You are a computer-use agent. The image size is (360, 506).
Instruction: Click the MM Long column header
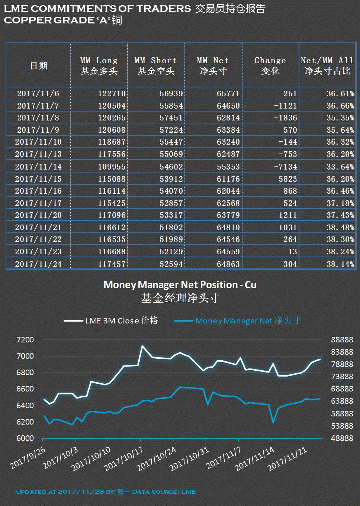coord(99,65)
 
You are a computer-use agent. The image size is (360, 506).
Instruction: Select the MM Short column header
coord(156,65)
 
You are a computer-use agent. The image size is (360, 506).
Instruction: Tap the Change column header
coord(270,65)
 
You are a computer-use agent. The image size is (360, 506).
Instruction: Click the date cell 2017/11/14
coord(38,167)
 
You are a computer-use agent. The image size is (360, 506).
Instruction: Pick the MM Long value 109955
coord(112,167)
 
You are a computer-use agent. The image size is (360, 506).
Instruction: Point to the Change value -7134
coord(285,167)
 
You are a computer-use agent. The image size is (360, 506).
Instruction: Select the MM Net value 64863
coord(228,264)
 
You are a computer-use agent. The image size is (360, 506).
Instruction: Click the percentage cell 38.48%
coord(340,227)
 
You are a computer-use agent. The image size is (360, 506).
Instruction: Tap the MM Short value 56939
coord(171,93)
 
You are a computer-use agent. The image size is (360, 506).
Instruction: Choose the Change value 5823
coord(287,179)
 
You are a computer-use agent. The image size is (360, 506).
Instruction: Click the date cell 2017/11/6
coord(38,93)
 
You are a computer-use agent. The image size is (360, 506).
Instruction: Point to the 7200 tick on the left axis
coord(25,340)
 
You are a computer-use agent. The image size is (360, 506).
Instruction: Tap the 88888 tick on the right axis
coord(342,340)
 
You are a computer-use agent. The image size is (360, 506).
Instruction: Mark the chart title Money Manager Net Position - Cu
coord(180,285)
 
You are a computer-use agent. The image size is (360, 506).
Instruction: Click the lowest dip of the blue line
coord(273,422)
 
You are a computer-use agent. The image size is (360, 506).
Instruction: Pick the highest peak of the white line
coord(142,346)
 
